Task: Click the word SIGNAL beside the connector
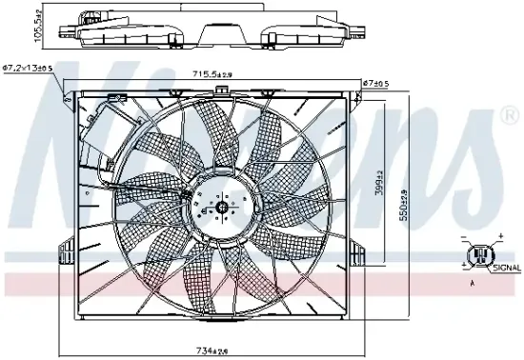[506, 270]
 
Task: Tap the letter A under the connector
[471, 283]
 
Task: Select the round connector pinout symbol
[481, 252]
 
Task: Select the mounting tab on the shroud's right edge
[358, 252]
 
